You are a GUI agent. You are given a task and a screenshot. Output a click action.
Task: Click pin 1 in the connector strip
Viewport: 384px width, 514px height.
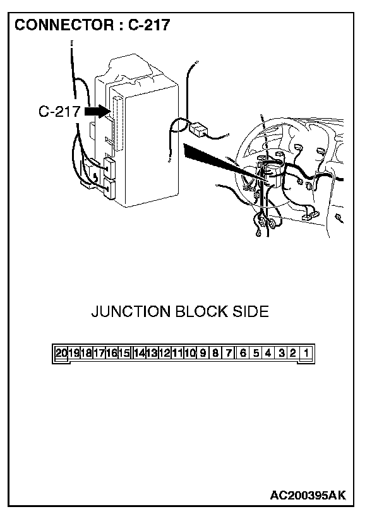(306, 353)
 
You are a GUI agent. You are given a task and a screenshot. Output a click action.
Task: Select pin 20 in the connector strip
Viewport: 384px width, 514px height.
(61, 353)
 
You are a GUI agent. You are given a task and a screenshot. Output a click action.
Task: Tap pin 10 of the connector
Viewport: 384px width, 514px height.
(189, 353)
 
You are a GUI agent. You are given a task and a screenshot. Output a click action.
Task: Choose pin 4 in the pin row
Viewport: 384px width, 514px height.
(268, 353)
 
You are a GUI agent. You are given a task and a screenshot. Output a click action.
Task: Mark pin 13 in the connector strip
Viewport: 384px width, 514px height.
(152, 353)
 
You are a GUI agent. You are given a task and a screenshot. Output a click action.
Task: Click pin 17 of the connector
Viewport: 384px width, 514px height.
(99, 353)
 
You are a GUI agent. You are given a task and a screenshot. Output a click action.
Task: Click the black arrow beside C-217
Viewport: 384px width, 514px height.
(95, 111)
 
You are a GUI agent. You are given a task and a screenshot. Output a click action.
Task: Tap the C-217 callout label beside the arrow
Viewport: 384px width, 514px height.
(59, 112)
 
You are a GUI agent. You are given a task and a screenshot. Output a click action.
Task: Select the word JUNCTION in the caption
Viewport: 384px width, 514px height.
(131, 312)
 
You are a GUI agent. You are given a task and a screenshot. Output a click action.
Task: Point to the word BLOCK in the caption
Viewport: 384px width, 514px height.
(206, 312)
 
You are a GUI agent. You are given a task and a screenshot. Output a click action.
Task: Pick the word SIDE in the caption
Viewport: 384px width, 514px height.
(252, 312)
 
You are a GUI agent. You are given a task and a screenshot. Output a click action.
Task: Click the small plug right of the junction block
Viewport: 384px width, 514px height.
(199, 129)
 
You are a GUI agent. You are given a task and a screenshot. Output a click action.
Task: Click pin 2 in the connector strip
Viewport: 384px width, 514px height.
(293, 353)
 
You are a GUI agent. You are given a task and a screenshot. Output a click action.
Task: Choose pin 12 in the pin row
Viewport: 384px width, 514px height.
(164, 353)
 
